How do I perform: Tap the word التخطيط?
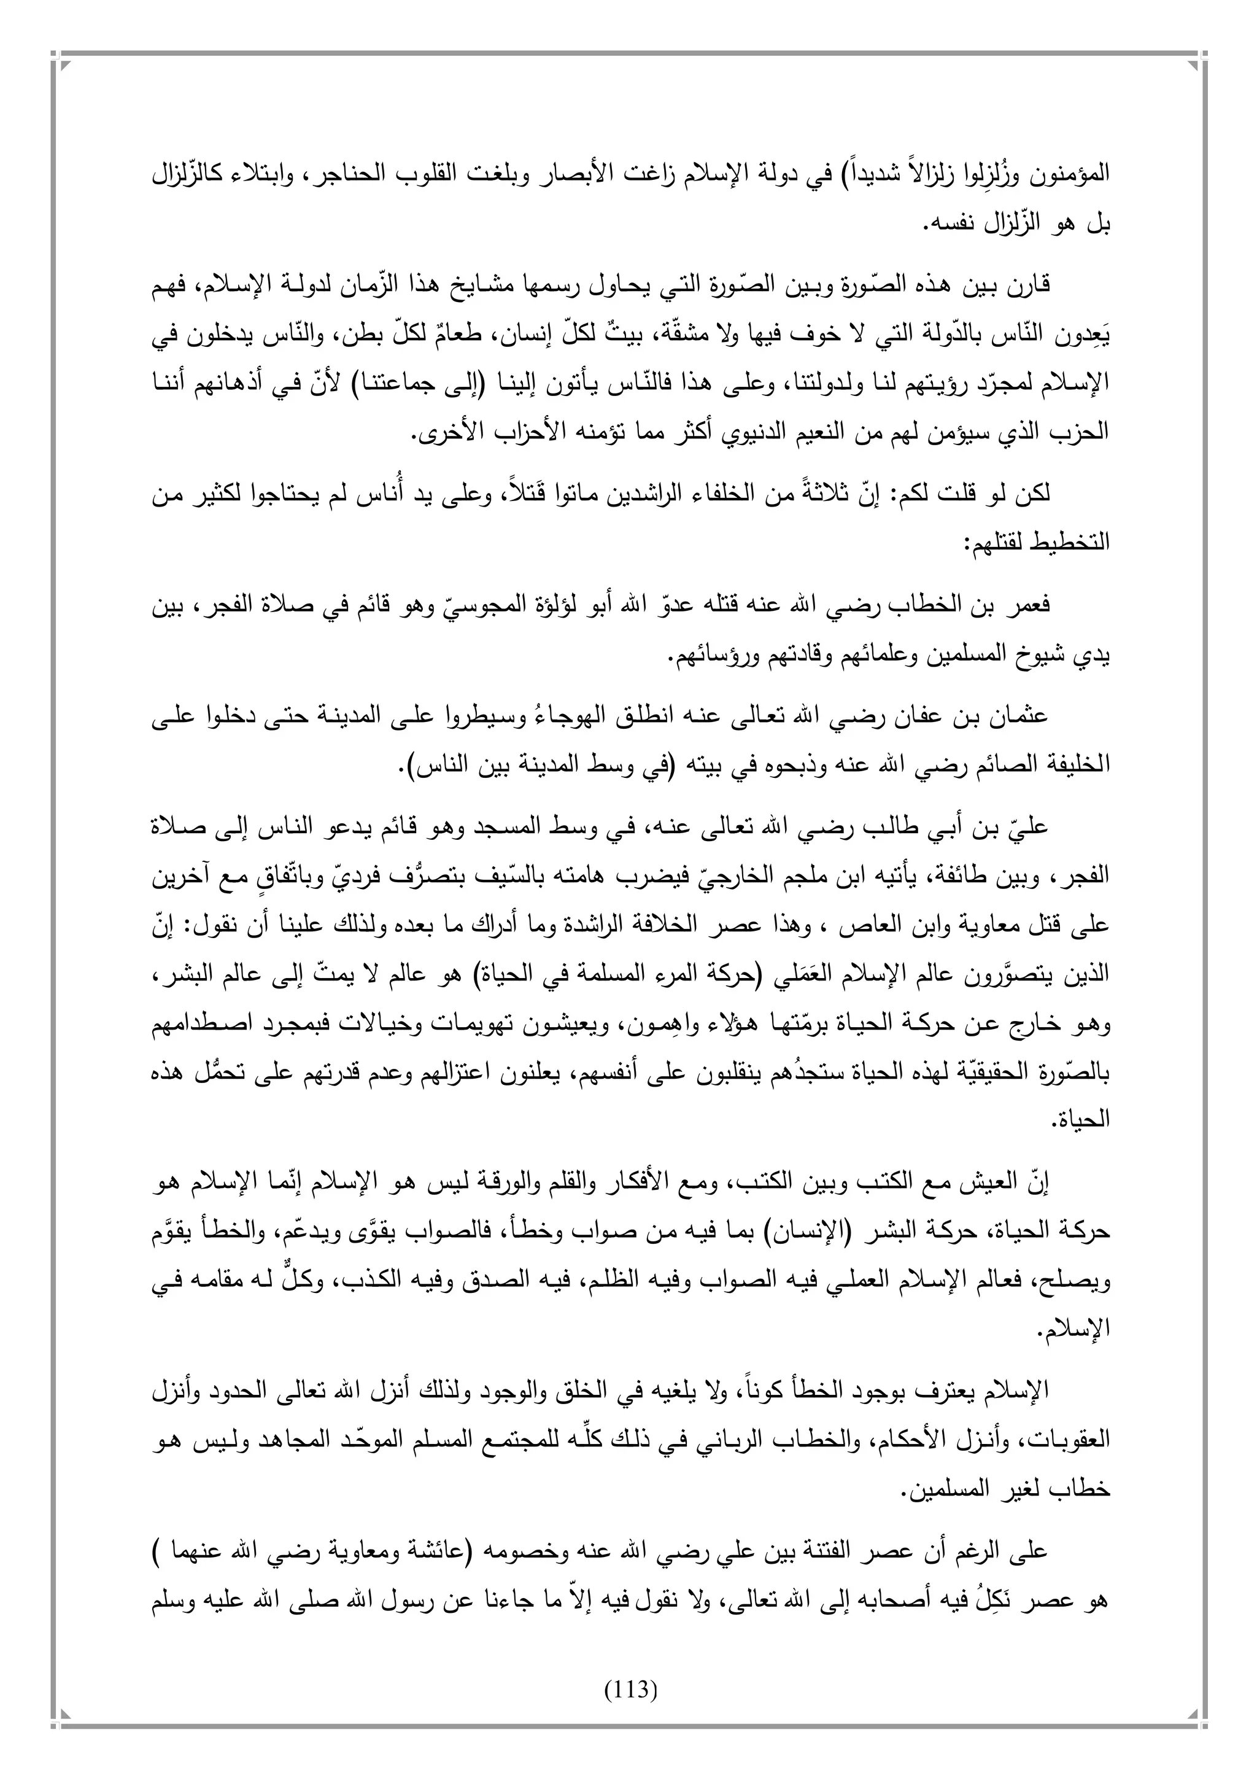pos(1072,542)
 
